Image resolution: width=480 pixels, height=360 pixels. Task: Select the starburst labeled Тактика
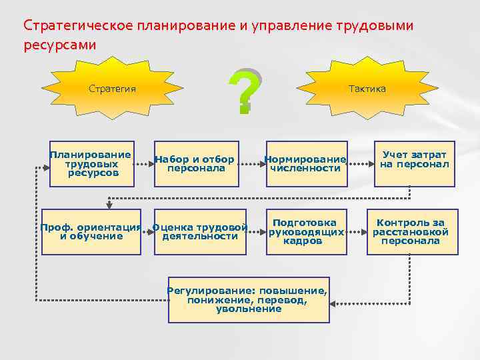click(367, 89)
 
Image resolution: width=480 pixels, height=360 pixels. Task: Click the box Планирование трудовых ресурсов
click(90, 164)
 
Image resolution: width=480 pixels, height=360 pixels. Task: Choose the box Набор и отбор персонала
click(195, 164)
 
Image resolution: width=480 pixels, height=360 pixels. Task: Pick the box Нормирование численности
click(305, 164)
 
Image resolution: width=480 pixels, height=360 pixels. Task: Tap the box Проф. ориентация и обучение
click(91, 232)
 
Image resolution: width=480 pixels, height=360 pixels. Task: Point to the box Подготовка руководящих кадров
click(307, 232)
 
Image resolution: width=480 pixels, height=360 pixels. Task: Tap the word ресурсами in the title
click(59, 45)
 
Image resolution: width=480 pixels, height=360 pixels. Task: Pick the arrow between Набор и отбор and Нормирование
click(250, 162)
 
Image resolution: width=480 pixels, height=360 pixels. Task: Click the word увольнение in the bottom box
click(248, 309)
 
